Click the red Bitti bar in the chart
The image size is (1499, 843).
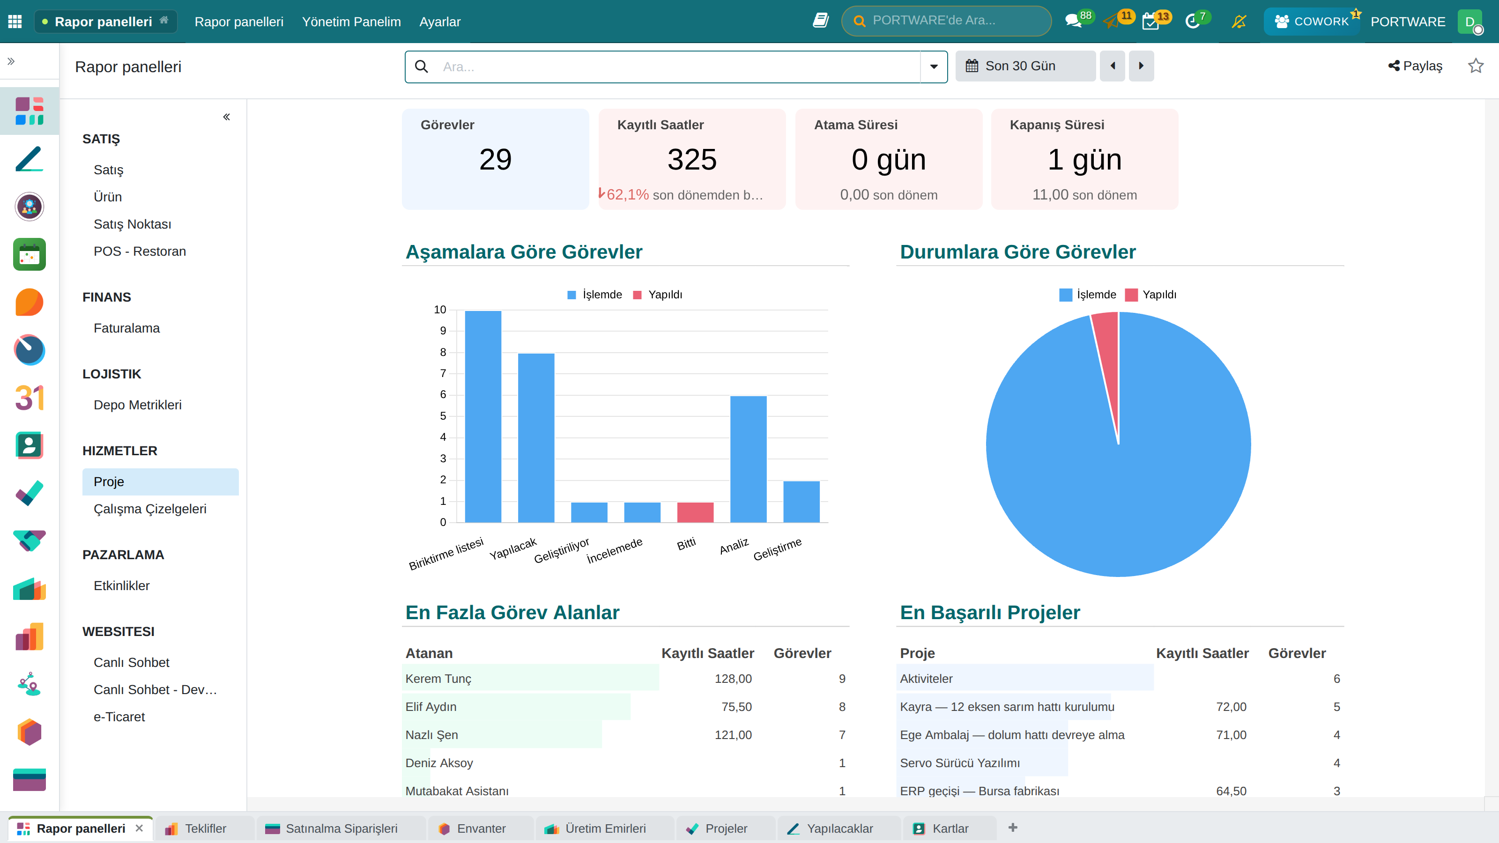(695, 512)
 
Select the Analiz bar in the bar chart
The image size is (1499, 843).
(749, 459)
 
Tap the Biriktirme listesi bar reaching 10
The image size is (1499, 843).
(483, 416)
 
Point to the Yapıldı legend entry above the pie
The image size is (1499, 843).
(1150, 295)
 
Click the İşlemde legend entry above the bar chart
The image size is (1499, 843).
(595, 295)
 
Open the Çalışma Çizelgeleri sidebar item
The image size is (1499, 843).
(150, 509)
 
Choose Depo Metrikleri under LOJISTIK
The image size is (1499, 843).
(137, 405)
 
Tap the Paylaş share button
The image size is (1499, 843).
(1415, 66)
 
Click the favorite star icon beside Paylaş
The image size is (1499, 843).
(1476, 66)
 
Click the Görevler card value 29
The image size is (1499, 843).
(495, 159)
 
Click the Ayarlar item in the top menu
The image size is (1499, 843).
(440, 22)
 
